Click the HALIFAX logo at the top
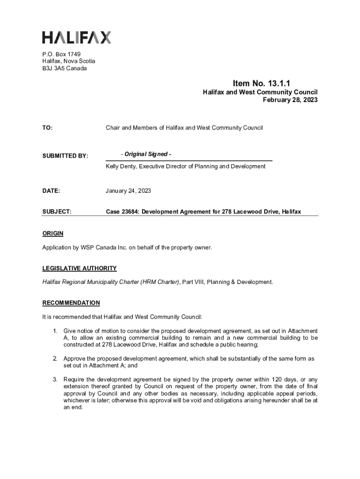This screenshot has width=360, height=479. [x=77, y=37]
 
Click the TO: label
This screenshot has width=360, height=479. [x=47, y=128]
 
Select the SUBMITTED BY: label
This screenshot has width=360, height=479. [x=65, y=156]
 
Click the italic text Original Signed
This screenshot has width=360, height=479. [x=145, y=154]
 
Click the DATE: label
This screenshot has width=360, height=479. [x=51, y=191]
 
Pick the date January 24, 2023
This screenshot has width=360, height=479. [x=129, y=191]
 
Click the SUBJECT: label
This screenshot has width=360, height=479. [x=57, y=212]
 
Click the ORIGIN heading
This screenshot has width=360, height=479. [x=52, y=233]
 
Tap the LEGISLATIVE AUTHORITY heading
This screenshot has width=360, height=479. [x=79, y=269]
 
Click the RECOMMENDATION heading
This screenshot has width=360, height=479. [x=71, y=303]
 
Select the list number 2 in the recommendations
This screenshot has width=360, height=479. [x=54, y=359]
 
